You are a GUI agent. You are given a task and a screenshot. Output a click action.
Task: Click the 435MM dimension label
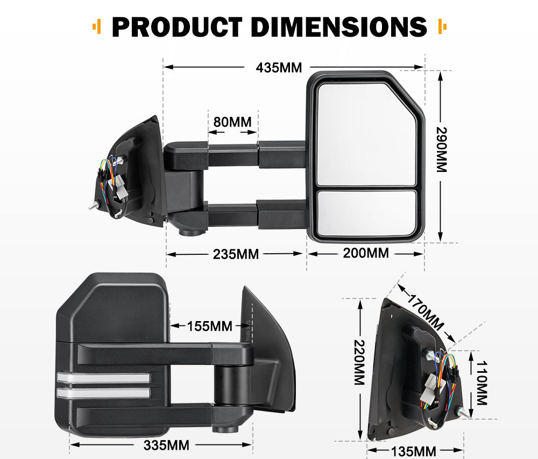tap(279, 68)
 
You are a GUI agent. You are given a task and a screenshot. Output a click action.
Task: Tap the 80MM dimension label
tap(232, 122)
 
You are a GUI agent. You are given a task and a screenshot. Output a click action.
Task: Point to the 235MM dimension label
tap(236, 253)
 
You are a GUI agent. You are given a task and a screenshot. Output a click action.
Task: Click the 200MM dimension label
tap(366, 252)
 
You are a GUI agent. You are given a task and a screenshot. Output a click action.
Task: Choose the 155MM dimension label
tap(209, 326)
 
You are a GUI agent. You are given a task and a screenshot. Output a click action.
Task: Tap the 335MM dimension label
tap(166, 445)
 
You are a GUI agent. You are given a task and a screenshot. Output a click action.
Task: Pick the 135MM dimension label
tap(414, 451)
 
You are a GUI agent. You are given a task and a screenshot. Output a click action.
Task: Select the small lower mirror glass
tap(366, 212)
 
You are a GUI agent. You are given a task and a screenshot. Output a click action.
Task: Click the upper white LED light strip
tap(102, 378)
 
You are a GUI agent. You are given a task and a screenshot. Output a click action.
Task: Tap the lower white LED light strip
tap(102, 393)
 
